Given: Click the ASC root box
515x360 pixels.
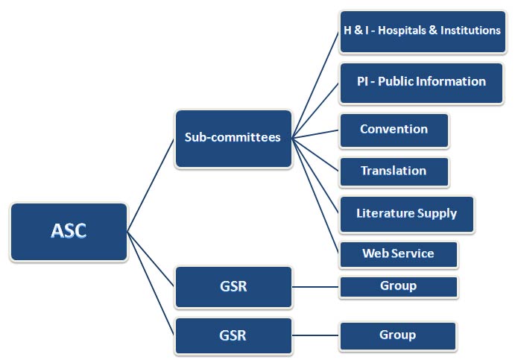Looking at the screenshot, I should pyautogui.click(x=69, y=231).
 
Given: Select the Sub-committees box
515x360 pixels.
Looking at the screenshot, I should pyautogui.click(x=233, y=138).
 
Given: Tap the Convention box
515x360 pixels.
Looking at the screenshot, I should pyautogui.click(x=394, y=130).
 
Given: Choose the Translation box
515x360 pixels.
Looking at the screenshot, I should pyautogui.click(x=394, y=171).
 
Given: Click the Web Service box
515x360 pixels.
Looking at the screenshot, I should pyautogui.click(x=398, y=254).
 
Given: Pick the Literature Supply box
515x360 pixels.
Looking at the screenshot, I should pyautogui.click(x=406, y=214).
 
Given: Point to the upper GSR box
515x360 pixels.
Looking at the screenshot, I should pyautogui.click(x=233, y=286).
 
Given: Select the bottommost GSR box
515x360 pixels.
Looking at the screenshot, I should pyautogui.click(x=233, y=335).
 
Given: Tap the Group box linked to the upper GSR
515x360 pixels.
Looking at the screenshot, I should pyautogui.click(x=398, y=286).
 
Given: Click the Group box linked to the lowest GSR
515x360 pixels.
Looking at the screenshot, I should pyautogui.click(x=398, y=335).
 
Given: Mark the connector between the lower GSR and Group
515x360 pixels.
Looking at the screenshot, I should pyautogui.click(x=316, y=335).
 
